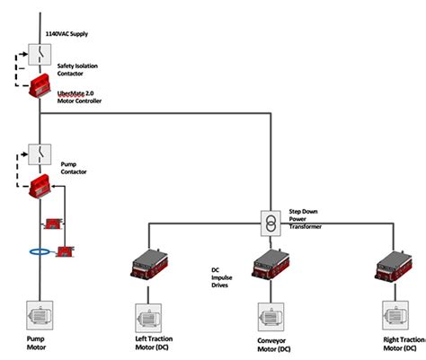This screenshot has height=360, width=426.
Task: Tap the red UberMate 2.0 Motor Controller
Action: (41, 89)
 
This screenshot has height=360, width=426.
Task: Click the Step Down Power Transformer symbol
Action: (267, 220)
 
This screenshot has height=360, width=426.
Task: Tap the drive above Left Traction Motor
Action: (149, 261)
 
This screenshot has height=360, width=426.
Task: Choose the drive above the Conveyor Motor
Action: (270, 261)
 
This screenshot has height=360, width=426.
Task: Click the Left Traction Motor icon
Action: (149, 318)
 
